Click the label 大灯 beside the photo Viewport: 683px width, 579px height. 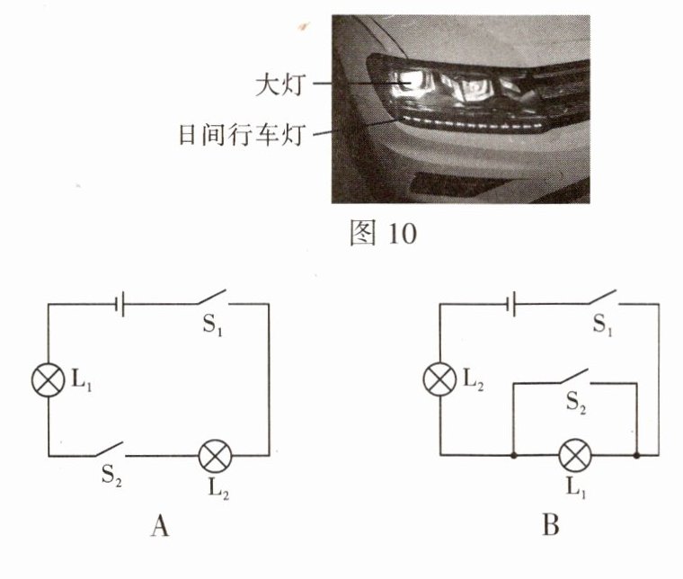[280, 85]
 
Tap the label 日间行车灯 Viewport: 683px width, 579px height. [244, 136]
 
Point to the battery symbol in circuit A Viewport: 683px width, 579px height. [119, 304]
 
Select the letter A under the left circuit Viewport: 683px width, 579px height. [158, 525]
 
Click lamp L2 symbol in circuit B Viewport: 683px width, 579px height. [439, 379]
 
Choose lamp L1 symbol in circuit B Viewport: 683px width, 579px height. [574, 456]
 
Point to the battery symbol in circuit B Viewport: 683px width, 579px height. [511, 304]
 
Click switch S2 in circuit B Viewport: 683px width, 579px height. [572, 378]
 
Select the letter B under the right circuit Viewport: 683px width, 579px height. [551, 525]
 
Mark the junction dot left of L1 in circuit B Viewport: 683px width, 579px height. [511, 456]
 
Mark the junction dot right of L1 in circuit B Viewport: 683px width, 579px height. [637, 456]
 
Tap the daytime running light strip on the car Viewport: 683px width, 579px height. [467, 121]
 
